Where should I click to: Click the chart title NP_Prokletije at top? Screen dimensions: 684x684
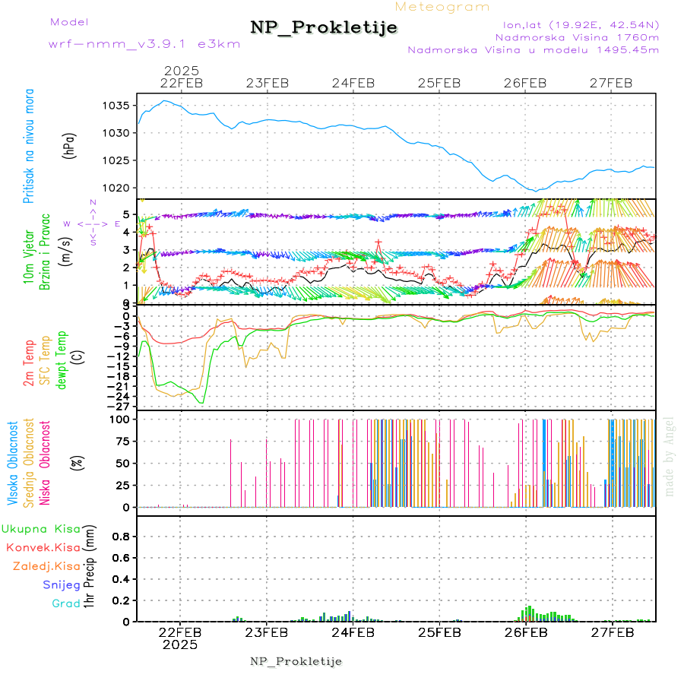coord(324,27)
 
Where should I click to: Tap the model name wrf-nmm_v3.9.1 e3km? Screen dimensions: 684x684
coord(144,43)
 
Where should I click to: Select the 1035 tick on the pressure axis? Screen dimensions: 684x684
coord(119,106)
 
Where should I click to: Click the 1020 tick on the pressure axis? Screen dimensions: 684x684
coord(119,188)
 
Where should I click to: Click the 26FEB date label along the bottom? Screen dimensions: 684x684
coord(525,632)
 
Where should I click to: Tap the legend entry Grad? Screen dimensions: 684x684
coord(66,603)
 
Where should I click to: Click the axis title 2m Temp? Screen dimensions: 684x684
coord(29,363)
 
